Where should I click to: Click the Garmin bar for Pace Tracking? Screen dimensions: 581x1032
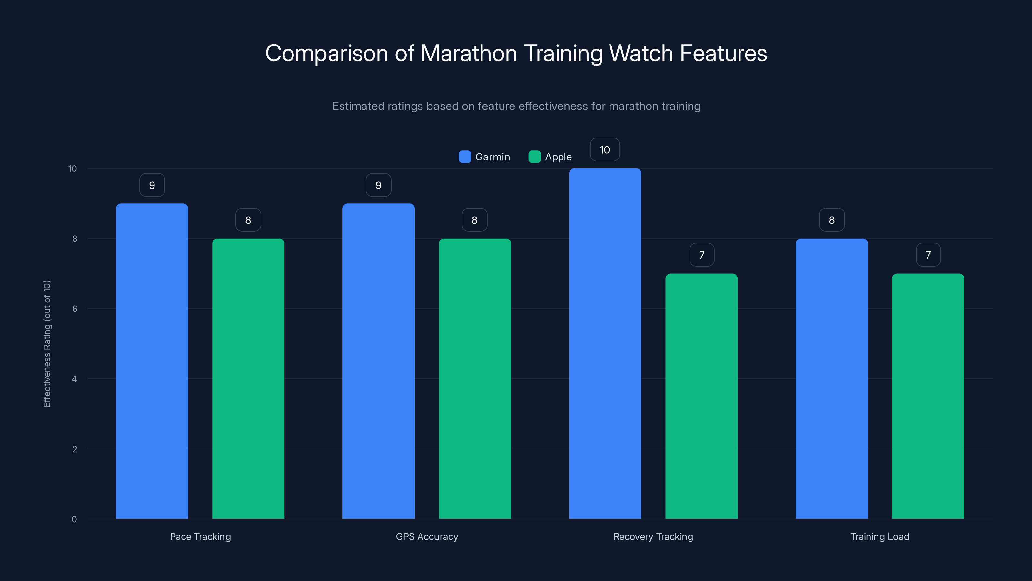tap(152, 361)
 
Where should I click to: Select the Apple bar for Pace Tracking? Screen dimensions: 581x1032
tap(248, 379)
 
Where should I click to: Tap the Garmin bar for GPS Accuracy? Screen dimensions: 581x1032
tap(378, 361)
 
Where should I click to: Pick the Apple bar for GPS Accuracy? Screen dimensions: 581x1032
tap(475, 379)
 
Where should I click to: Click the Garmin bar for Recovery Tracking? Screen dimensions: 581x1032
tap(605, 344)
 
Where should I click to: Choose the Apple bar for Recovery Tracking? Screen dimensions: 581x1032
tap(701, 396)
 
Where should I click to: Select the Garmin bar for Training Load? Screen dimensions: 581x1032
tap(832, 379)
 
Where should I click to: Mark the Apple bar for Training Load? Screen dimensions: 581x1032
tap(928, 396)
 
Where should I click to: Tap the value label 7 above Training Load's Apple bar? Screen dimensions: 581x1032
tap(928, 255)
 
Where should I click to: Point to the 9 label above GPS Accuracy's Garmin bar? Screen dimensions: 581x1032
tap(378, 185)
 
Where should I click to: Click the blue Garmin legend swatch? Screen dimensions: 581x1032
tap(465, 157)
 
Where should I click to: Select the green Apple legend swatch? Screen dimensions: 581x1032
tap(534, 157)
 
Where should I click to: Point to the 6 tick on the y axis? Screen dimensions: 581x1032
tap(74, 309)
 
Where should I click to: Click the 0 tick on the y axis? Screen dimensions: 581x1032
tap(74, 519)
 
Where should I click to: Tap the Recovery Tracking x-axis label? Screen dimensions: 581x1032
tap(653, 536)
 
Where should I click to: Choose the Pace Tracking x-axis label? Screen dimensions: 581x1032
tap(200, 536)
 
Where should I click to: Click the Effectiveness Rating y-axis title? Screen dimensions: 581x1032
tap(47, 344)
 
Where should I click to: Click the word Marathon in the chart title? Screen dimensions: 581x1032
tap(469, 53)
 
